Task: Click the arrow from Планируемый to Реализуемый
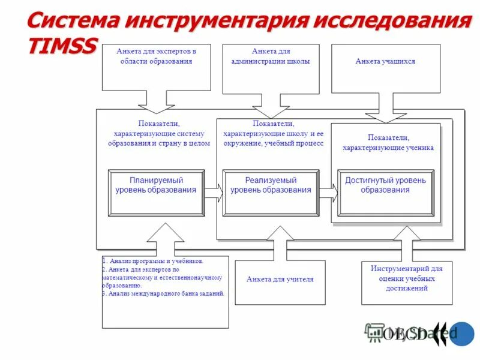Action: click(x=213, y=192)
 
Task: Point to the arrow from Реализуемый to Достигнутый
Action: click(x=328, y=192)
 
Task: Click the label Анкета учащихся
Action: click(x=385, y=61)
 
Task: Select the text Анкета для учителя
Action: click(x=280, y=279)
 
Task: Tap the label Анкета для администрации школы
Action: click(x=272, y=56)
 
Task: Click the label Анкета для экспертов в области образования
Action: click(x=156, y=56)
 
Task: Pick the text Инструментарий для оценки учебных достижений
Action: click(x=406, y=278)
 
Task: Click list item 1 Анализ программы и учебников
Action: click(x=154, y=261)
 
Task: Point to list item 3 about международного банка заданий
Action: click(x=163, y=294)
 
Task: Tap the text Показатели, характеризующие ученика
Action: click(x=388, y=142)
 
